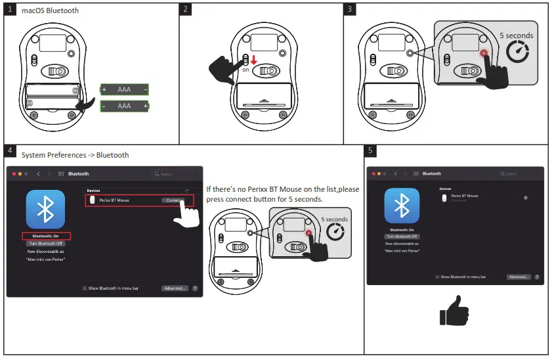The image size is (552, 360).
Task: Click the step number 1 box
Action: coord(10,10)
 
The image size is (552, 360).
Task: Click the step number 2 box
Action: coord(186,10)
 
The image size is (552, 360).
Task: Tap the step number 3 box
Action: coord(350,10)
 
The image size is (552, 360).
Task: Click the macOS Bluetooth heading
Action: coord(51,11)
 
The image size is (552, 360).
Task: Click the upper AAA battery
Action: coord(124,89)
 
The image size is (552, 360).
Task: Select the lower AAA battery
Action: coord(124,106)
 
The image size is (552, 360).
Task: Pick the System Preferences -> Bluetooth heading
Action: coord(75,156)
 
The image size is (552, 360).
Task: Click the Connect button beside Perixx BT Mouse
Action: coord(173,200)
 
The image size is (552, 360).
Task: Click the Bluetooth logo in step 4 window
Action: coord(45,210)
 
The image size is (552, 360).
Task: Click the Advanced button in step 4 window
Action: coord(175,288)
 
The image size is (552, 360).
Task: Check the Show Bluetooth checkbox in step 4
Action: coord(85,288)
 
